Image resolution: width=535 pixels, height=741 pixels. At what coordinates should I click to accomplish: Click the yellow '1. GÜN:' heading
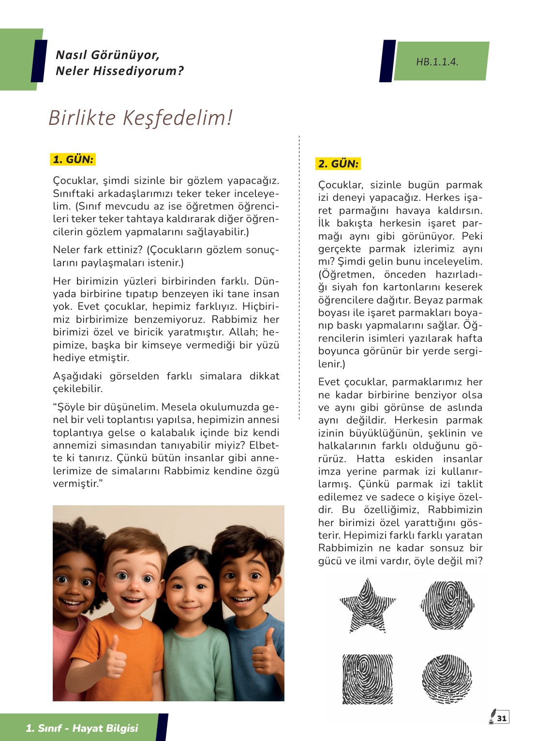(x=73, y=159)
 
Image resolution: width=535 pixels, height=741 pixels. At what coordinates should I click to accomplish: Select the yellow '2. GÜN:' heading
(x=338, y=164)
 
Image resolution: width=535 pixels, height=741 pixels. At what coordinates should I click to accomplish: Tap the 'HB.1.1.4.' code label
(x=437, y=62)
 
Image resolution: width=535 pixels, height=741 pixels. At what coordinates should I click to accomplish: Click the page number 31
(x=502, y=718)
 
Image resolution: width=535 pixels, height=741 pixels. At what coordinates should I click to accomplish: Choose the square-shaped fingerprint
(x=368, y=679)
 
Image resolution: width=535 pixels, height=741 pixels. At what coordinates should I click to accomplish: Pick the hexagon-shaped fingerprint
(x=447, y=605)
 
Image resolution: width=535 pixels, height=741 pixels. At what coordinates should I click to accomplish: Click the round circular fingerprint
(x=446, y=679)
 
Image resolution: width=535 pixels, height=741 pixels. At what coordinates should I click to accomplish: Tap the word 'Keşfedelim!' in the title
(x=178, y=118)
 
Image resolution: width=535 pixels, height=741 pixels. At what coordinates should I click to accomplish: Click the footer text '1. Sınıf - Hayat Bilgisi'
(x=82, y=728)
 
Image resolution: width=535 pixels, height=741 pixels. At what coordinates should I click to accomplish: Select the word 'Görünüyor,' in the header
(x=132, y=55)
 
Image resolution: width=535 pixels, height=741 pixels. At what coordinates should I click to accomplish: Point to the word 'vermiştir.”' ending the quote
(x=78, y=484)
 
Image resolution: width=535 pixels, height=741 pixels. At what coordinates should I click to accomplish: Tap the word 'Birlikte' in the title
(x=82, y=118)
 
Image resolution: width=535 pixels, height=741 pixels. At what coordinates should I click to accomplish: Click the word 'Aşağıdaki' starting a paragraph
(x=77, y=376)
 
